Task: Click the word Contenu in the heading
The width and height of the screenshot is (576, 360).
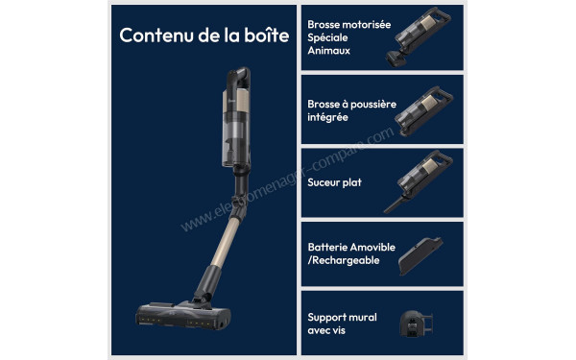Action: coord(152,36)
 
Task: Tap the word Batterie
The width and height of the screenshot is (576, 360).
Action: coord(326,246)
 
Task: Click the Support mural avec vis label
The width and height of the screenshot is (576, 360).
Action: coord(342,323)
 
